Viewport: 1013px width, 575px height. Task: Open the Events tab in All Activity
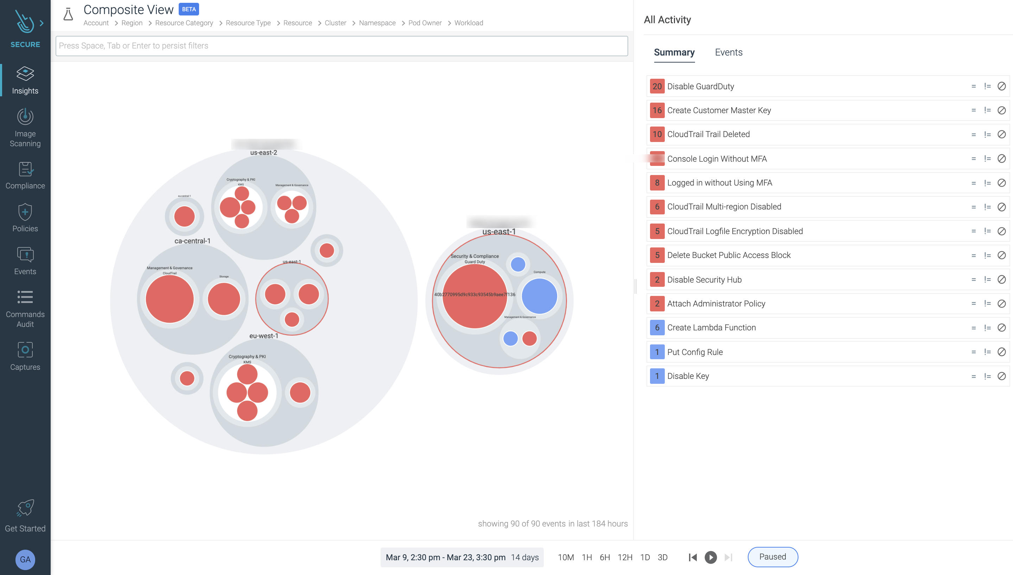(x=728, y=52)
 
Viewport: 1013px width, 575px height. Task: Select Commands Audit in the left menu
(x=25, y=309)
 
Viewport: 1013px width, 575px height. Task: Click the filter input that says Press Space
(x=341, y=46)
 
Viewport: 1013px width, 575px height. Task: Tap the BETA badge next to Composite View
(x=189, y=9)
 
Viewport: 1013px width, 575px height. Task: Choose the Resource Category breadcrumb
(x=184, y=23)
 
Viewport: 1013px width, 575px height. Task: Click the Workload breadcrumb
(x=468, y=23)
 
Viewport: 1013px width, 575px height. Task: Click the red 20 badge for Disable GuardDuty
(x=657, y=86)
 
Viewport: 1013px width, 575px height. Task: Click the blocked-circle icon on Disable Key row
(x=1001, y=376)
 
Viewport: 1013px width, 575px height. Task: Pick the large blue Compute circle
(x=539, y=296)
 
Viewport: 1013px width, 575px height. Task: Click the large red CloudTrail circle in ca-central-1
(x=170, y=299)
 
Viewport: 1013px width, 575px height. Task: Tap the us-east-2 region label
(x=263, y=153)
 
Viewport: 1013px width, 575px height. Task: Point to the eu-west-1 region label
(x=263, y=336)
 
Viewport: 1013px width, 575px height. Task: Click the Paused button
(x=772, y=557)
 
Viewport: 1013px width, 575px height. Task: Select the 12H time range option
(x=625, y=557)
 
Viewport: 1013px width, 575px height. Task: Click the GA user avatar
(x=25, y=559)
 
